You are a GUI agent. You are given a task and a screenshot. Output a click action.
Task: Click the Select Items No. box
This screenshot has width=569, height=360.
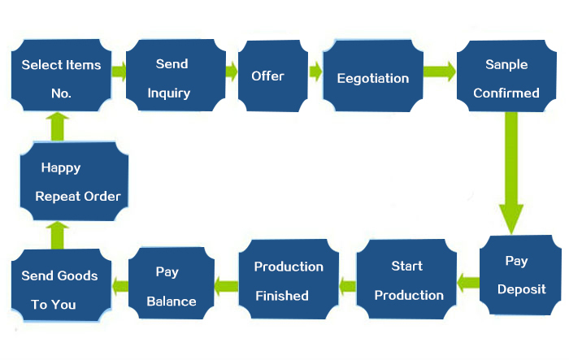pos(61,78)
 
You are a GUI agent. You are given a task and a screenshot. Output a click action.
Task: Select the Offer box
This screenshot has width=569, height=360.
pos(267,76)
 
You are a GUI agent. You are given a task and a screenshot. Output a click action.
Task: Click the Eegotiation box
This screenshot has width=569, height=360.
pos(372,78)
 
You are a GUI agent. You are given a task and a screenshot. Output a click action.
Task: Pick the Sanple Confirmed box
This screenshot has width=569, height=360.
pos(506,78)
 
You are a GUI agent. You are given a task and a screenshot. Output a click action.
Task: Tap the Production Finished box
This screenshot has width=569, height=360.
pos(289,280)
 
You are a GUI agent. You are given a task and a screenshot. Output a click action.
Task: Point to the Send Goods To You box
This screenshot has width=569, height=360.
pos(59,289)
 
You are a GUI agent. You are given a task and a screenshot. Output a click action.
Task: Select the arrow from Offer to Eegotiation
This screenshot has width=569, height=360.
pos(315,73)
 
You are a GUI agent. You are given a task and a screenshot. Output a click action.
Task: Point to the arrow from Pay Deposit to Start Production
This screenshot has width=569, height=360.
pos(467,282)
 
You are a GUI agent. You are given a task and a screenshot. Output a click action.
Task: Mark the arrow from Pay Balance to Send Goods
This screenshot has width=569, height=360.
pos(120,284)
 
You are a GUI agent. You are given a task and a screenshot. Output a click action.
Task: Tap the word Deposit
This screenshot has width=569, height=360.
pos(521,289)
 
